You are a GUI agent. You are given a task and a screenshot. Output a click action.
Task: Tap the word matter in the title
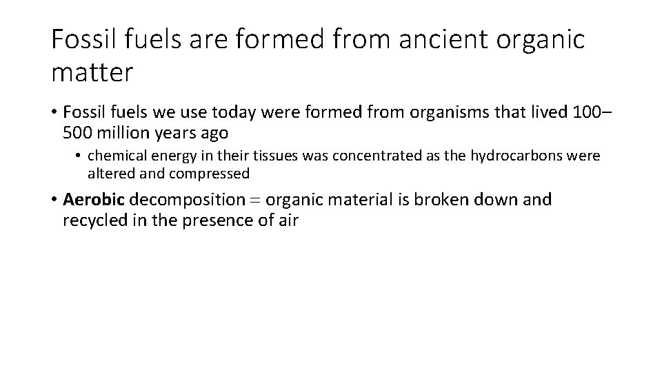click(91, 72)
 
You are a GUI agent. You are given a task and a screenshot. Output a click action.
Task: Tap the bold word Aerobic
click(94, 200)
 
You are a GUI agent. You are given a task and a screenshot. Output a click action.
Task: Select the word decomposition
click(188, 200)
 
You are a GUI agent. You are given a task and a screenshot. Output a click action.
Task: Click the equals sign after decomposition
click(255, 200)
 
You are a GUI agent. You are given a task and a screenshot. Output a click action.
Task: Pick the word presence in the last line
click(223, 221)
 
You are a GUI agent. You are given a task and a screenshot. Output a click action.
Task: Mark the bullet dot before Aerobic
click(53, 200)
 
